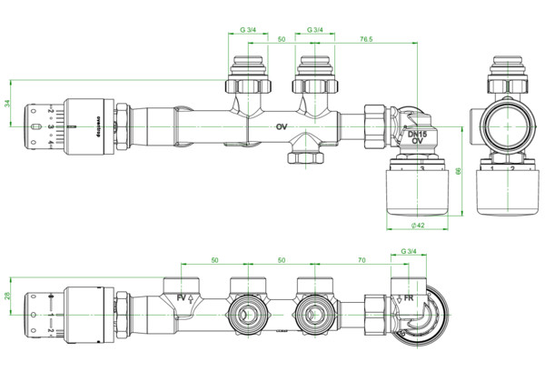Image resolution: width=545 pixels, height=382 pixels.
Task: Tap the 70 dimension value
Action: point(361,260)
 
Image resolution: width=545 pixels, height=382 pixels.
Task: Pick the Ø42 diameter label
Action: point(418,224)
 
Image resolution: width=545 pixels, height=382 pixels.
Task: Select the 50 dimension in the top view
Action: point(281,40)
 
